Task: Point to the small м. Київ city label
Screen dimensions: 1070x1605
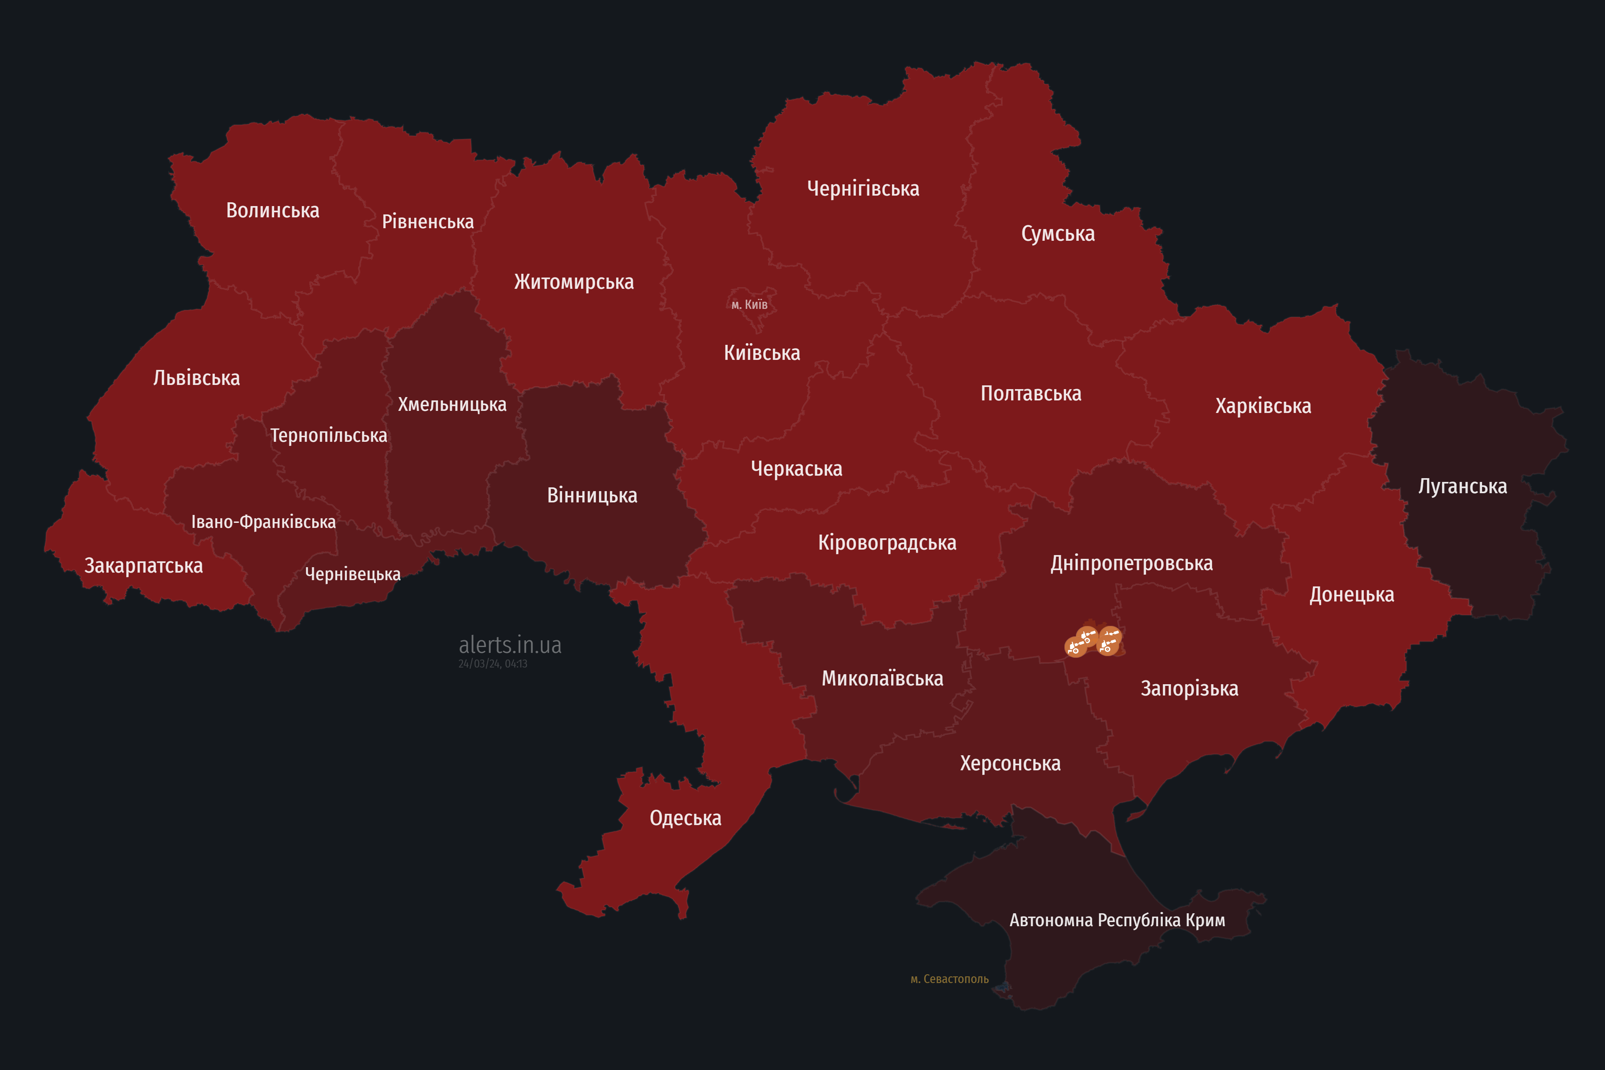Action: (749, 304)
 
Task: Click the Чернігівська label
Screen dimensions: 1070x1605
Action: (863, 189)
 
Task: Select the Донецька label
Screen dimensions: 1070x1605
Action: (1351, 594)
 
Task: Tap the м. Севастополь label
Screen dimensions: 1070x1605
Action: (949, 979)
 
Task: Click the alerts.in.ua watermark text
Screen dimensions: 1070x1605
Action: (510, 645)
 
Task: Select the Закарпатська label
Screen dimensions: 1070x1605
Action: (143, 566)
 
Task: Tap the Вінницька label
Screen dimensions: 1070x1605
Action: (592, 495)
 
